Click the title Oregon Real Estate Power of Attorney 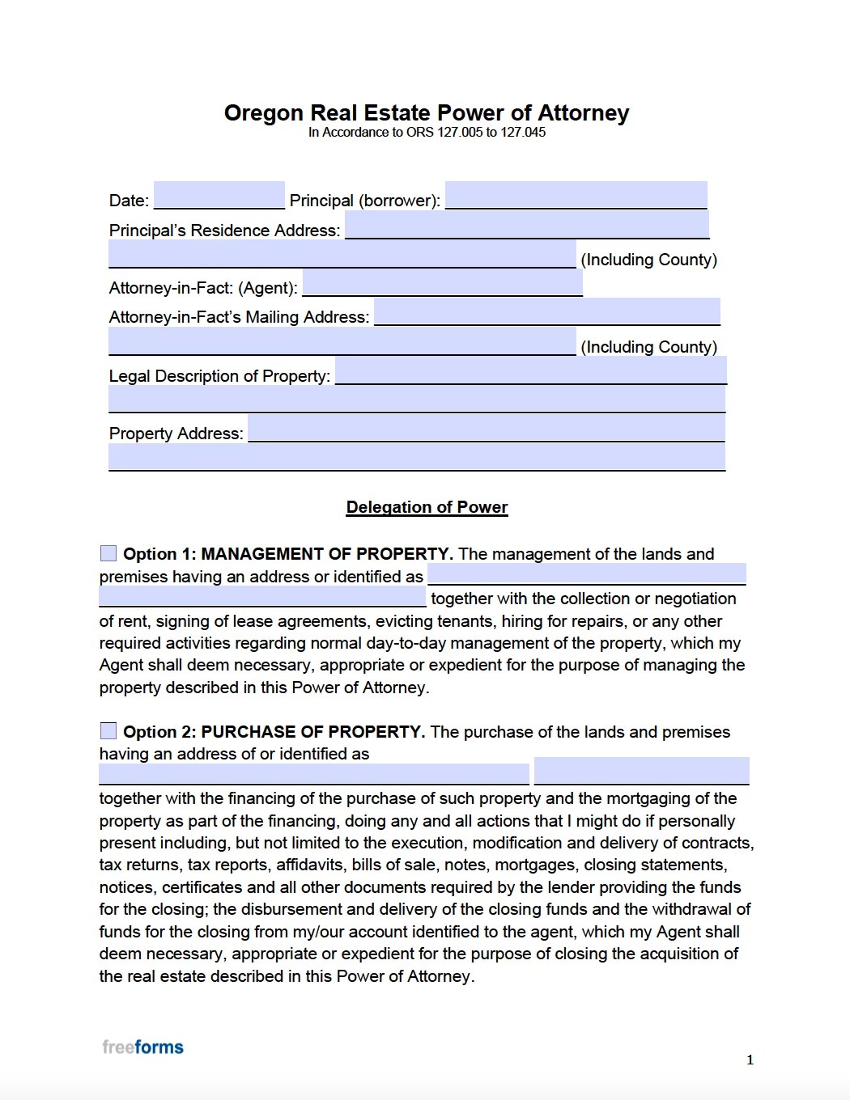tap(426, 112)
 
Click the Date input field tap(219, 196)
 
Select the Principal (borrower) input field tap(576, 196)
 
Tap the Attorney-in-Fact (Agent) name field tap(442, 283)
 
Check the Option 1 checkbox tap(108, 553)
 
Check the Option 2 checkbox tap(108, 731)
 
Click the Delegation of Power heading tap(427, 507)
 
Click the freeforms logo tap(142, 1047)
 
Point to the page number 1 tap(750, 1060)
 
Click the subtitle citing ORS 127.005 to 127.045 tap(426, 133)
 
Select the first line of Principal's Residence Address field tap(526, 226)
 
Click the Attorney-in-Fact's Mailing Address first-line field tap(546, 311)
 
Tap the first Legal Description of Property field tap(530, 371)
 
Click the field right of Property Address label tap(486, 429)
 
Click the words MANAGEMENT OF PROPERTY tap(325, 554)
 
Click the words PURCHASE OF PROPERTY tap(312, 732)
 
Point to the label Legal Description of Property tap(219, 376)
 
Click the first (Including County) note tap(648, 260)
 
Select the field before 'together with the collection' tap(262, 597)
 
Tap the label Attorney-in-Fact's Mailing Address tap(239, 317)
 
